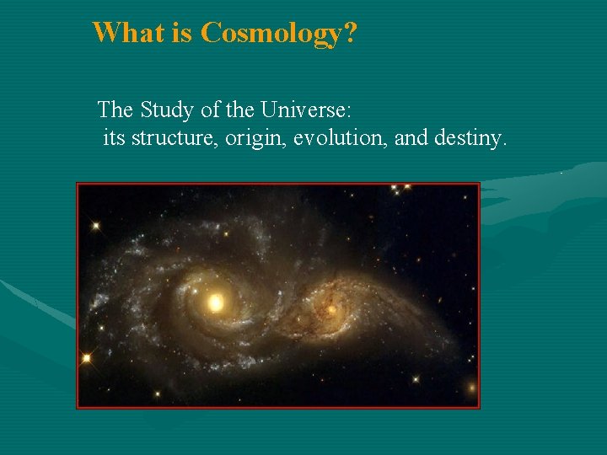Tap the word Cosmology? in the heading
click(x=278, y=34)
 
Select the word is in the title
click(x=181, y=33)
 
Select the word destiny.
click(x=470, y=137)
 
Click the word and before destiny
click(x=411, y=136)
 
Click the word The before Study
click(x=115, y=110)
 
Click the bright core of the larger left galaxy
click(x=216, y=302)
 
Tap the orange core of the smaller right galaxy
click(x=331, y=309)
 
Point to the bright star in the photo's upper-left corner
click(x=95, y=226)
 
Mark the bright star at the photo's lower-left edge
click(x=86, y=358)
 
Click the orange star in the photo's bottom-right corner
click(x=470, y=389)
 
